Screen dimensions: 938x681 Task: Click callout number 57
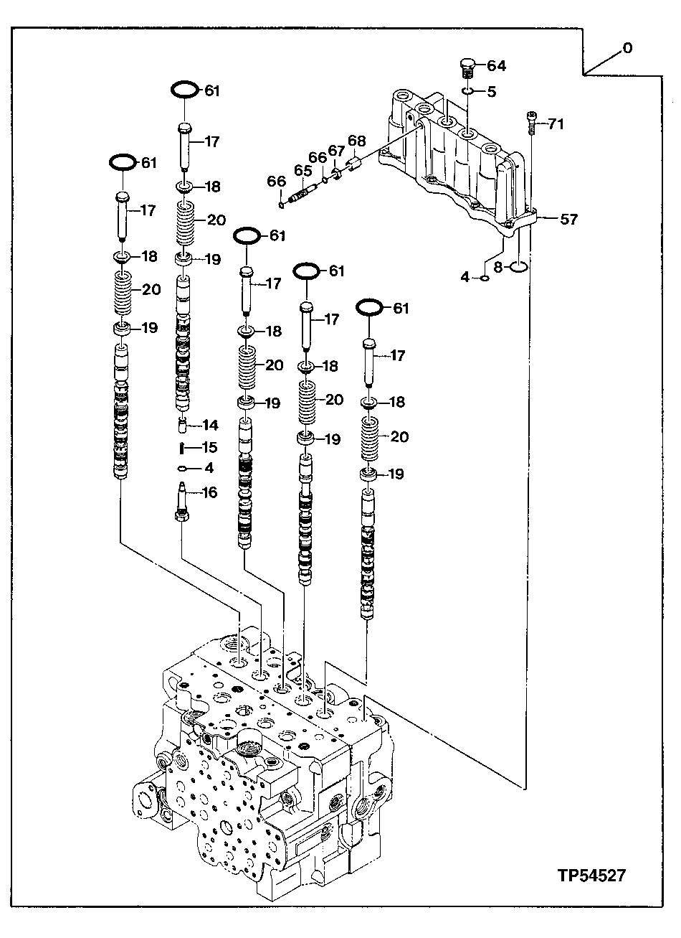[x=568, y=220]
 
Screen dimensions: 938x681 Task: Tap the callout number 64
[x=496, y=66]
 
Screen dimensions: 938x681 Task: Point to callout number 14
[x=209, y=425]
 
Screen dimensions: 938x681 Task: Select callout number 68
[x=357, y=141]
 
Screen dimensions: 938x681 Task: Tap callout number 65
[x=302, y=171]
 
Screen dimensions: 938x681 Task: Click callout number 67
[x=336, y=150]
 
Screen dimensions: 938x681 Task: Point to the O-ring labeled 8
[x=519, y=268]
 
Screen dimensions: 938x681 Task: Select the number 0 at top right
[x=627, y=48]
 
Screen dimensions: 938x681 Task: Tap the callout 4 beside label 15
[x=209, y=469]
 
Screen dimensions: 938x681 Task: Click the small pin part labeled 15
[x=184, y=448]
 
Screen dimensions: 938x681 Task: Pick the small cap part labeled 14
[x=184, y=425]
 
